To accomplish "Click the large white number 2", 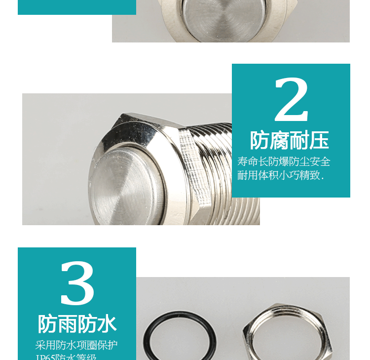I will coord(291,100).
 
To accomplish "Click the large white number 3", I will coord(77,283).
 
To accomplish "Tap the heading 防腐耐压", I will coord(290,140).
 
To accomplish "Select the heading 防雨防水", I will coord(77,324).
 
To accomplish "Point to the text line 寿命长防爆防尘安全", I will coord(284,161).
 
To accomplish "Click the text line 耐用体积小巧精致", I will coord(280,175).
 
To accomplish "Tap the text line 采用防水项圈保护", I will coord(76,345).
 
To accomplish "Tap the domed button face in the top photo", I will coord(217,15).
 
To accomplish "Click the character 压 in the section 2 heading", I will coord(319,140).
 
